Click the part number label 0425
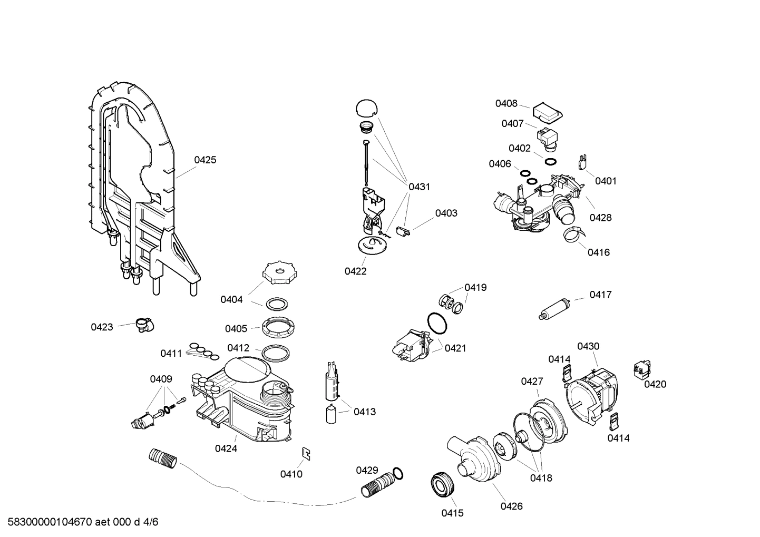(205, 160)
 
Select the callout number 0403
(446, 213)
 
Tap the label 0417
(600, 295)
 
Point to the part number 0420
(655, 384)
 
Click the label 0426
(511, 506)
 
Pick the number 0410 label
(291, 474)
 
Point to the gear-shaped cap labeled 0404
(276, 274)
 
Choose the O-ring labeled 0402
(550, 161)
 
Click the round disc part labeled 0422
(372, 245)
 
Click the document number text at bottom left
(80, 522)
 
